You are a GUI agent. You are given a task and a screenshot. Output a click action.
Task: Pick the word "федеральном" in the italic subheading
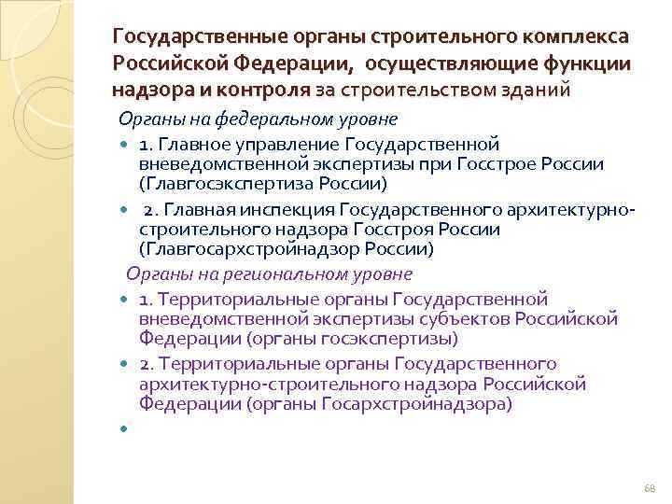263,119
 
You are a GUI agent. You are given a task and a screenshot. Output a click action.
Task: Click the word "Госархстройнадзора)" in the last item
417,404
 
